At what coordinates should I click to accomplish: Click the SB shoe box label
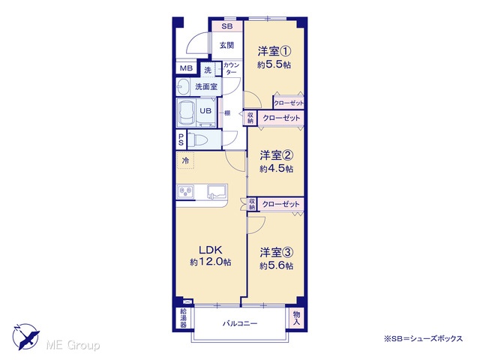(226, 26)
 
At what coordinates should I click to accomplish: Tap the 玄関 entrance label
(226, 45)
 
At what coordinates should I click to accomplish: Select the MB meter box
(186, 68)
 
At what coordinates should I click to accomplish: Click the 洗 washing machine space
(208, 70)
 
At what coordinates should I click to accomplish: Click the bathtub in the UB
(187, 112)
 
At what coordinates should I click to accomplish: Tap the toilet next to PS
(197, 140)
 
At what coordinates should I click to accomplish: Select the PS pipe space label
(181, 139)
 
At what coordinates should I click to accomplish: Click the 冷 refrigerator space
(185, 160)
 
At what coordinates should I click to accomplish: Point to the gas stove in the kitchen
(185, 192)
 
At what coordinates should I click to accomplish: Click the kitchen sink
(217, 192)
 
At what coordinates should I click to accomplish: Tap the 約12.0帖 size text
(211, 262)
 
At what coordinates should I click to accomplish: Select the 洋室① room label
(274, 51)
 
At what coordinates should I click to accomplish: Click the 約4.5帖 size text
(276, 169)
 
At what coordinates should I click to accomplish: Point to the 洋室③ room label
(277, 253)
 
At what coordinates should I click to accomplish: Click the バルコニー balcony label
(240, 323)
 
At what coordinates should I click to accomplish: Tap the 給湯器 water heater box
(183, 318)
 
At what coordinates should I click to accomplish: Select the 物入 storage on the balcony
(296, 318)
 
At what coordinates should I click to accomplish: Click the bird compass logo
(25, 337)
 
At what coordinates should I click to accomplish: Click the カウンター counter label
(232, 68)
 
